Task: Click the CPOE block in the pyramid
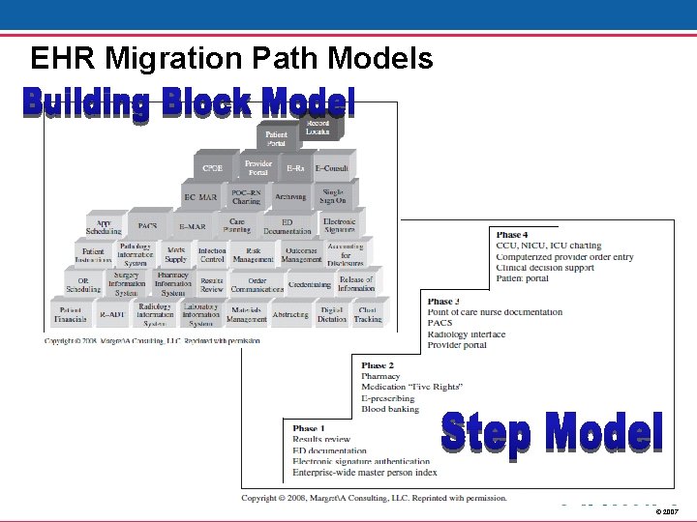click(x=212, y=168)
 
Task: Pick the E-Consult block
click(x=333, y=168)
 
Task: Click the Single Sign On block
click(x=332, y=196)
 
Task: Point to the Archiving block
click(x=289, y=197)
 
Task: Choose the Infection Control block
click(x=212, y=254)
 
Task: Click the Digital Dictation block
click(x=331, y=315)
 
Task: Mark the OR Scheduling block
click(x=83, y=284)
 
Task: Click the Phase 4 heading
click(x=512, y=235)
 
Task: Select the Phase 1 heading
click(x=309, y=428)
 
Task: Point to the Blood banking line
click(x=389, y=409)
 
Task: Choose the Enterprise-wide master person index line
click(x=365, y=473)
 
